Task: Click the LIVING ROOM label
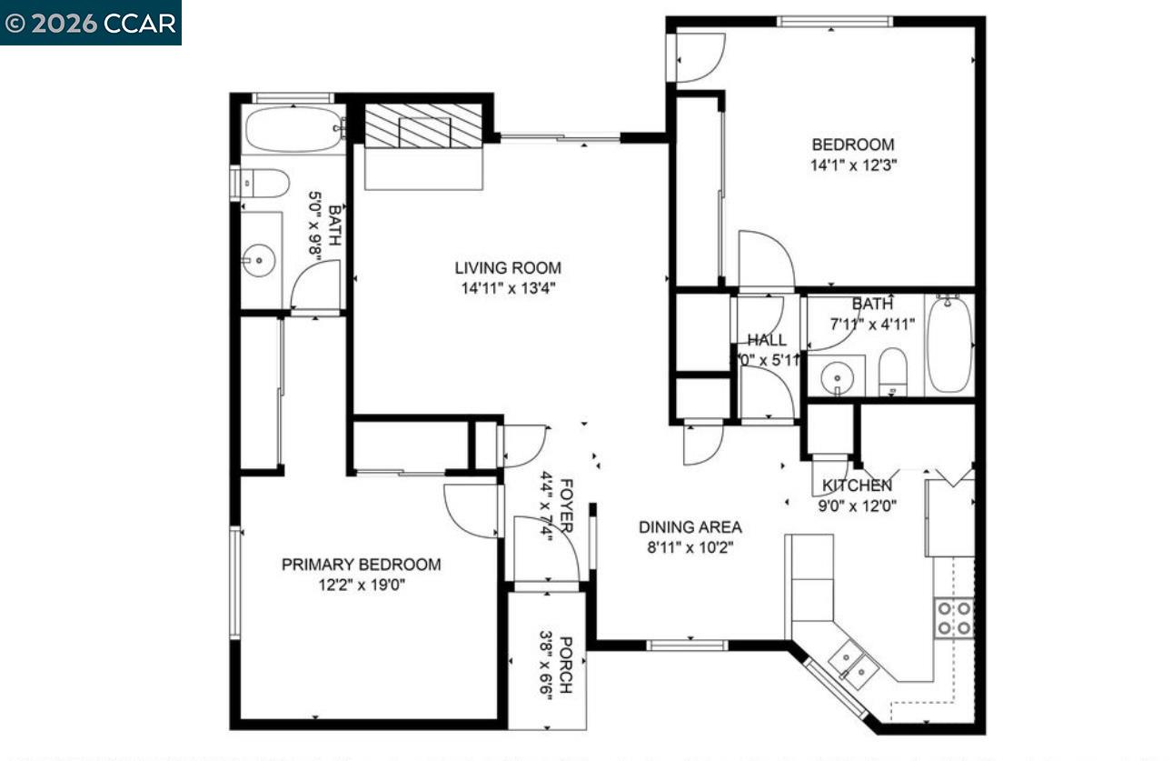(x=508, y=268)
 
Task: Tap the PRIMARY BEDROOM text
(x=361, y=565)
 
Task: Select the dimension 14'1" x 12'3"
(x=852, y=165)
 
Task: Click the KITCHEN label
(x=857, y=486)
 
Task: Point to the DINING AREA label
(x=690, y=527)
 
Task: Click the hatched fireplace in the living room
(x=422, y=125)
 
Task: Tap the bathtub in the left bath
(x=292, y=129)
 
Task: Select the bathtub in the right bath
(x=949, y=345)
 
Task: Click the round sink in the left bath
(x=259, y=261)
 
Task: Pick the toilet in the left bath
(x=262, y=184)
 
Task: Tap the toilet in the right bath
(x=892, y=373)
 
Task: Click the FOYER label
(x=565, y=505)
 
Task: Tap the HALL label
(x=767, y=340)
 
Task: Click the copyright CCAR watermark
(x=90, y=23)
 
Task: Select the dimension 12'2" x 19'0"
(x=361, y=586)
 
